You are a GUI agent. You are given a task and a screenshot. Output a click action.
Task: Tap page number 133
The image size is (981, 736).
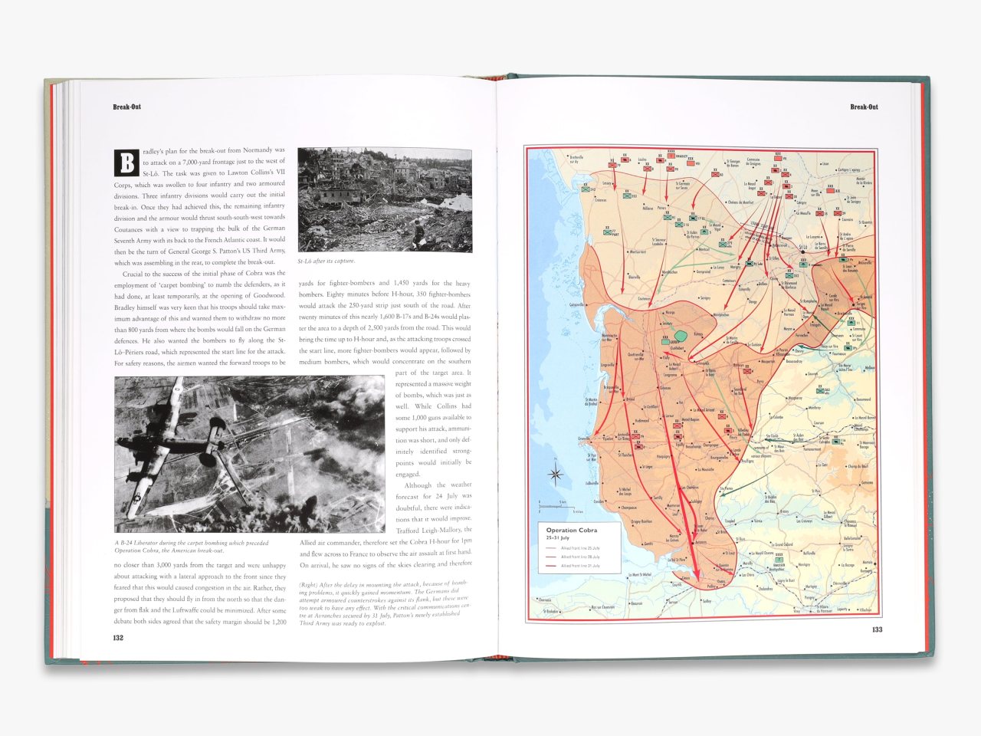[x=877, y=630]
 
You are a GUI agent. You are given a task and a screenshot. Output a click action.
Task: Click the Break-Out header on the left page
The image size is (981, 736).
[x=127, y=107]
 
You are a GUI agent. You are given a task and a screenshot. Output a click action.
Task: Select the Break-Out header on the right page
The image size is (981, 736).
[x=864, y=107]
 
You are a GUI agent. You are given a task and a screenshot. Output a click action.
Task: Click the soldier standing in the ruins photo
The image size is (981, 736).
[x=418, y=230]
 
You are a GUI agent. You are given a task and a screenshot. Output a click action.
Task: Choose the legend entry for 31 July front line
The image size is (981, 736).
[x=580, y=566]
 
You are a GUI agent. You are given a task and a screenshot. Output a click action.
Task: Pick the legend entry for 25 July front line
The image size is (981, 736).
[x=580, y=548]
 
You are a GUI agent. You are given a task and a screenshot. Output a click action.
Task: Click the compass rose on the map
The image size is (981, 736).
[x=556, y=474]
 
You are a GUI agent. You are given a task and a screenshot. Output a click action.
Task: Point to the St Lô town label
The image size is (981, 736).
[x=802, y=248]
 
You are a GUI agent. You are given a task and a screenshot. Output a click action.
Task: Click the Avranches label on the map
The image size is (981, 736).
[x=698, y=542]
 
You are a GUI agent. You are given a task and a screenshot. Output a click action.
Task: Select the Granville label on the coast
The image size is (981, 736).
[x=585, y=439]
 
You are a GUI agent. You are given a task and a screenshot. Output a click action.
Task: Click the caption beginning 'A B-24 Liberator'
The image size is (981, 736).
[x=192, y=547]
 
